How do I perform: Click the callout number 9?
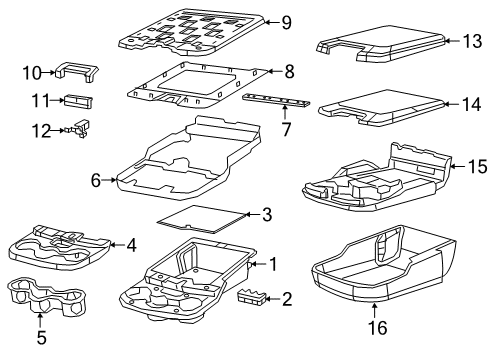pos(285,22)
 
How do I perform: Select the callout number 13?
pos(471,40)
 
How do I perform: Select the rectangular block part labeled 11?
pos(76,99)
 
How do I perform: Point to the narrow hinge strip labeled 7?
pos(279,104)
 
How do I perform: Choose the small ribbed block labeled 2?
pos(254,297)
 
